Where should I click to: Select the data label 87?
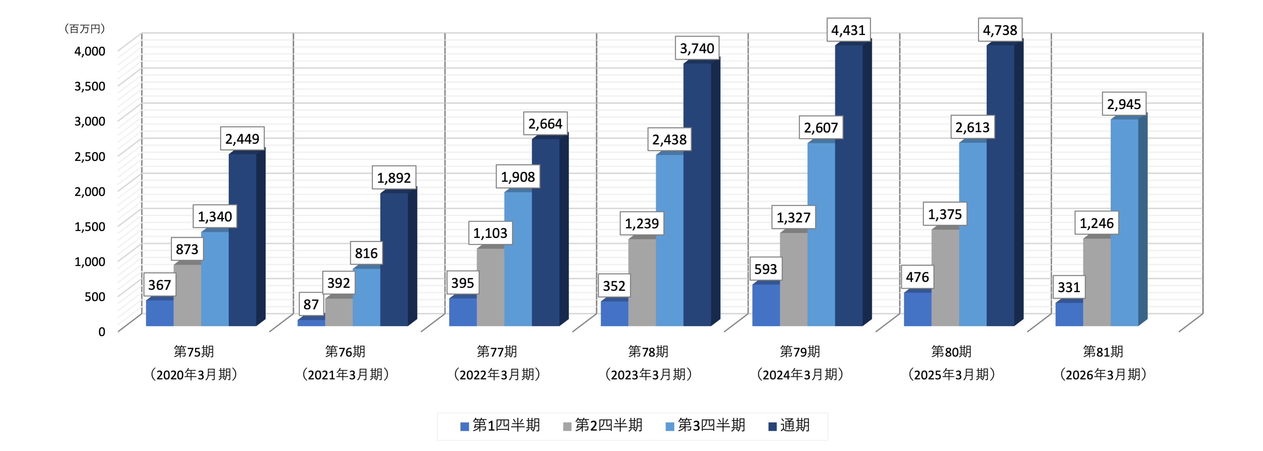[311, 304]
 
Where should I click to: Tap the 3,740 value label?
[697, 49]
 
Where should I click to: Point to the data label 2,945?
[1124, 104]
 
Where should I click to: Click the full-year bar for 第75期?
[242, 240]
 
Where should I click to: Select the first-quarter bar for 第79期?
[766, 305]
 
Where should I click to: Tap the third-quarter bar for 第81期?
[1124, 223]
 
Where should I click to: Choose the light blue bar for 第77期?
[518, 259]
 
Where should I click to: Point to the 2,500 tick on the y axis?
[90, 156]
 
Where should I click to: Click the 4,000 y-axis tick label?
[90, 51]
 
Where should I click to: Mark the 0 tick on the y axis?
[101, 332]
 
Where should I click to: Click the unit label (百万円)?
[85, 29]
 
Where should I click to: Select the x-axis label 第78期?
[648, 352]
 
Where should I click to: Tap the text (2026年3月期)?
[1103, 375]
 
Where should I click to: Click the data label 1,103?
[490, 233]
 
